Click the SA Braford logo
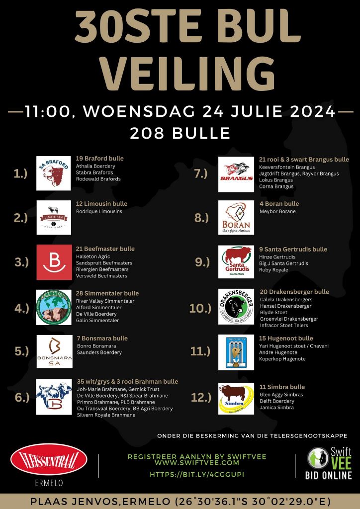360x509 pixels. pyautogui.click(x=54, y=173)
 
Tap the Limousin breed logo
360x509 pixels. pyautogui.click(x=54, y=217)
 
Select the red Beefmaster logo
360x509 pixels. pyautogui.click(x=54, y=262)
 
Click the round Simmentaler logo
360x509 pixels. pyautogui.click(x=54, y=307)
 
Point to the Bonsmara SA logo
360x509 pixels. pyautogui.click(x=54, y=351)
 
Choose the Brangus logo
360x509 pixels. pyautogui.click(x=236, y=174)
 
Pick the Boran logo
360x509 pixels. pyautogui.click(x=236, y=218)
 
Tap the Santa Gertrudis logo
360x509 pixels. pyautogui.click(x=236, y=262)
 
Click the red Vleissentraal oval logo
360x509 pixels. pyautogui.click(x=49, y=460)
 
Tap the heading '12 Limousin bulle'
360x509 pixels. pyautogui.click(x=101, y=204)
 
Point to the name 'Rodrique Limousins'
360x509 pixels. pyautogui.click(x=99, y=211)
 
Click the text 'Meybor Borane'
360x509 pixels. pyautogui.click(x=277, y=211)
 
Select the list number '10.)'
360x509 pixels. pyautogui.click(x=200, y=309)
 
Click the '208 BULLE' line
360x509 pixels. pyautogui.click(x=180, y=133)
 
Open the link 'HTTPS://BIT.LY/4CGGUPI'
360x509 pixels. pyautogui.click(x=197, y=474)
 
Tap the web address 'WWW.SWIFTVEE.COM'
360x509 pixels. pyautogui.click(x=197, y=462)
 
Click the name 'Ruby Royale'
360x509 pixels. pyautogui.click(x=273, y=270)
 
